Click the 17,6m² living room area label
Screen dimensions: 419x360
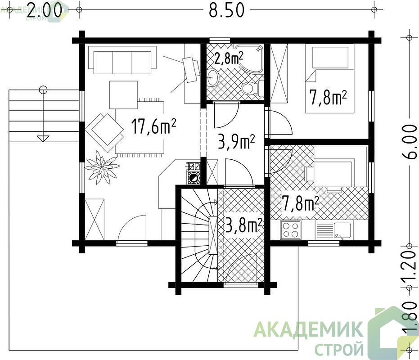(x=153, y=126)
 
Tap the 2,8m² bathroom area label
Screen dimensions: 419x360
(x=229, y=58)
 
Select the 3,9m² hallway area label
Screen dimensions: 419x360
(x=236, y=142)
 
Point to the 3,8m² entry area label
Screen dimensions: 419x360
(x=243, y=225)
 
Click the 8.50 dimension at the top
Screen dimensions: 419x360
(x=227, y=10)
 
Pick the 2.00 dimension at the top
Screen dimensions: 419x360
(x=44, y=10)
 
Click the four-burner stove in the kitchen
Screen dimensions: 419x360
(x=291, y=230)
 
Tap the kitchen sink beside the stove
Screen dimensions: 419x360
(x=334, y=230)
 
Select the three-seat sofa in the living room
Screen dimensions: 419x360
(x=122, y=60)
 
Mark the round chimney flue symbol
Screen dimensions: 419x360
(x=193, y=178)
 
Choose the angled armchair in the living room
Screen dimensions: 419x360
(x=104, y=129)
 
